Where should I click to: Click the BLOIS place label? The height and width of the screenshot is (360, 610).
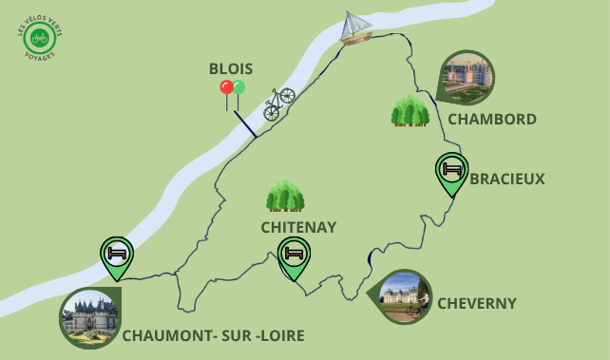click(231, 68)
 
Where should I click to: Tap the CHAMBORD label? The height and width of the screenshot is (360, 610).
click(492, 120)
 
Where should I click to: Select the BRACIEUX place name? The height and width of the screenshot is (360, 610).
click(507, 179)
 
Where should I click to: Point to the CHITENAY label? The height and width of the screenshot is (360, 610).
click(298, 227)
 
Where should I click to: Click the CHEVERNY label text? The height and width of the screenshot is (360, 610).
click(477, 303)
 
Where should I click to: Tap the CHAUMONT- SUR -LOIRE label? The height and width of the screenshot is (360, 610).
click(213, 335)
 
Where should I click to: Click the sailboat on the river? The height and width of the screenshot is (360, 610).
click(356, 28)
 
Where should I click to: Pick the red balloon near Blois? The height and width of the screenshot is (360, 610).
click(226, 87)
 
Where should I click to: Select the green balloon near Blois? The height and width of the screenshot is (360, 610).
click(238, 87)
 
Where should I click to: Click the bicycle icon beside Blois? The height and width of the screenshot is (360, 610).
click(278, 103)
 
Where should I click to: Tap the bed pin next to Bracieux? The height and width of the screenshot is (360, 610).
click(452, 172)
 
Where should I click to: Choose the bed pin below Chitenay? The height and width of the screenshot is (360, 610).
click(295, 256)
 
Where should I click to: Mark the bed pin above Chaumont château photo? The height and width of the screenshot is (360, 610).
click(117, 255)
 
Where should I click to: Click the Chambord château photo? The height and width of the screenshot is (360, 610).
click(467, 77)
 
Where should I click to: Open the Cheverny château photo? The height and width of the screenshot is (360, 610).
click(404, 296)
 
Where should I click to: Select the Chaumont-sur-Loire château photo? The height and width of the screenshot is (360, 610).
click(90, 317)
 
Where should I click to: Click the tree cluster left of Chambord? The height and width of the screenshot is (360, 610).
click(410, 111)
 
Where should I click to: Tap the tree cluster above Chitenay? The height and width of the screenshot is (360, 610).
click(285, 196)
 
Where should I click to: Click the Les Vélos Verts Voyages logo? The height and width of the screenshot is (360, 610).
click(38, 38)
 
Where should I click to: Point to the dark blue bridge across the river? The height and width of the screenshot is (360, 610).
click(245, 123)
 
